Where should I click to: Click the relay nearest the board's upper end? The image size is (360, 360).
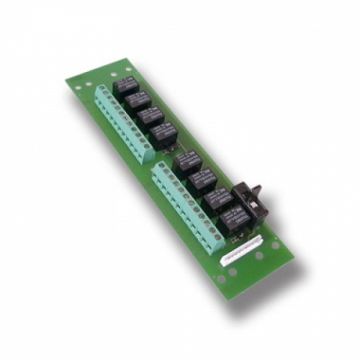click(127, 87)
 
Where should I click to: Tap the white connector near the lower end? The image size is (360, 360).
click(240, 251)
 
